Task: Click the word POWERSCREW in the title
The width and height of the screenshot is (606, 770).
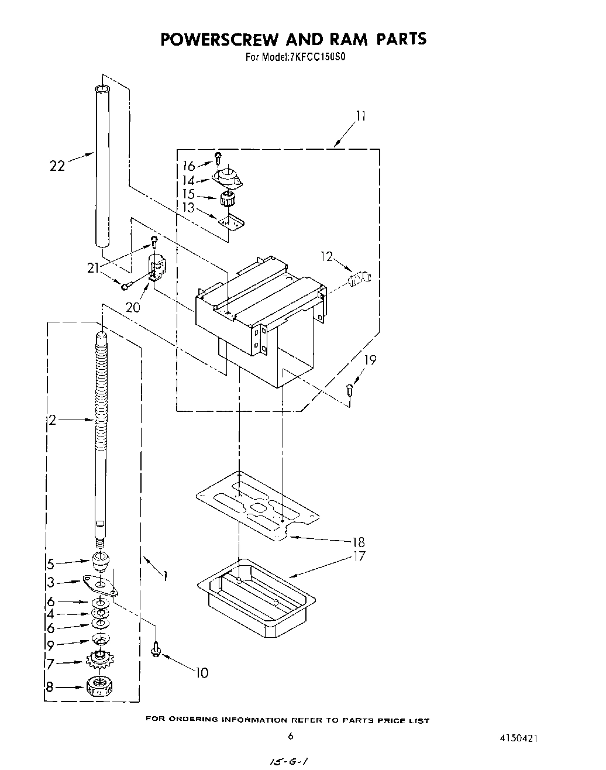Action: (x=220, y=39)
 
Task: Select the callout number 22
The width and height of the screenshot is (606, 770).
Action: (x=56, y=166)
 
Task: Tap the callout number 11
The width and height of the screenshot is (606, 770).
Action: (x=360, y=116)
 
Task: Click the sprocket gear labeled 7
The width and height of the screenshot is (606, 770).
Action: (x=99, y=661)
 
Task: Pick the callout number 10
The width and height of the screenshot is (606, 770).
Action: (x=201, y=673)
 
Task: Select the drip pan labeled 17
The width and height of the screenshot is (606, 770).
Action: (x=257, y=597)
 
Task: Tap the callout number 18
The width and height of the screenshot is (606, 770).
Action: (x=358, y=542)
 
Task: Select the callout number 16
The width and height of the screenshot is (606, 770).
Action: (x=189, y=166)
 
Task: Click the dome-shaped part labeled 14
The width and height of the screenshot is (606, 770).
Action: (x=228, y=176)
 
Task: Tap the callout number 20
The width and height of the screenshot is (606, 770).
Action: (x=133, y=307)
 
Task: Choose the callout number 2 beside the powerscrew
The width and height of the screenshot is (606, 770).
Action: (x=53, y=420)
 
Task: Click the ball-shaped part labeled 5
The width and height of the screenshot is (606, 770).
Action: (x=100, y=561)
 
